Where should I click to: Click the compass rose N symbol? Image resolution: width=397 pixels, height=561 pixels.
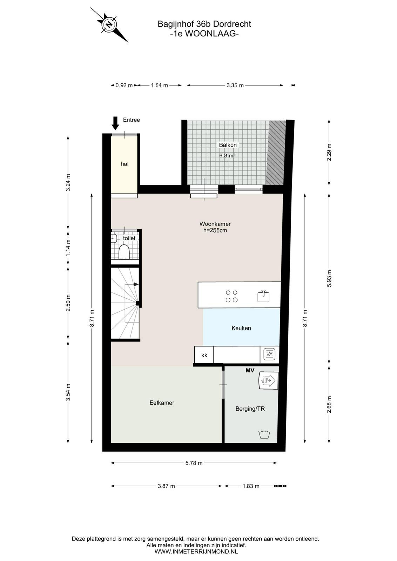pos(109,25)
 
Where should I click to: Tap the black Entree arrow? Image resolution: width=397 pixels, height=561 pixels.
pos(115,123)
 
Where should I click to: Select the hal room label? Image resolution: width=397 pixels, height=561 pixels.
pos(125,164)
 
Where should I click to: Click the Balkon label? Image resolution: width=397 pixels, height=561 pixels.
pos(228,145)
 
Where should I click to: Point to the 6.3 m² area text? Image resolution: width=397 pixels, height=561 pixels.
pos(227,156)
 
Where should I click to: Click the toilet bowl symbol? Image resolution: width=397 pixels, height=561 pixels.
pos(124,251)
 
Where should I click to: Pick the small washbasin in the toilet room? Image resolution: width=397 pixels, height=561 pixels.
pos(114,238)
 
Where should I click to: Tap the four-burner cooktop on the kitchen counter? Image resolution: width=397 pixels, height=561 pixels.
pos(232,296)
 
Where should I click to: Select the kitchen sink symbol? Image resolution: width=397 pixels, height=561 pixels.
pos(263,296)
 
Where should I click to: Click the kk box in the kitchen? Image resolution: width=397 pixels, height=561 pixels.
pos(204,354)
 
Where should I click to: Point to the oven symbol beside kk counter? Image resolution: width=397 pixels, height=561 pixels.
pos(269,354)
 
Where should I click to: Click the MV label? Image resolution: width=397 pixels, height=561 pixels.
pos(250,370)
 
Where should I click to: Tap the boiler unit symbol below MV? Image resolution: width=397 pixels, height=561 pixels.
pos(268,380)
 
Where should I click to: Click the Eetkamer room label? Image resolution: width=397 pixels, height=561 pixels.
pos(162,403)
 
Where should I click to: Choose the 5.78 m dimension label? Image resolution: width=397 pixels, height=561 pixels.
pos(194,463)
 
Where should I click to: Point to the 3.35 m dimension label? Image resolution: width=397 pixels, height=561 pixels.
pos(235,85)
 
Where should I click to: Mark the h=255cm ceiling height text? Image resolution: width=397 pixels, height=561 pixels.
pos(215,230)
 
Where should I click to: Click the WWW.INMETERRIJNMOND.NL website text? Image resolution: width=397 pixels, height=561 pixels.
pos(196,551)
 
